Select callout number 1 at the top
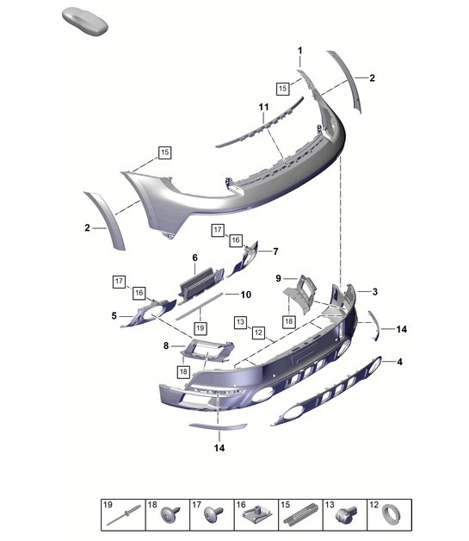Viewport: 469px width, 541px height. point(300,51)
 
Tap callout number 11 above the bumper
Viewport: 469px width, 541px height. point(265,106)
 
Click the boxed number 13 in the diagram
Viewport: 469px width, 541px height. point(239,321)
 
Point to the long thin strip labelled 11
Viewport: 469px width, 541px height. point(258,127)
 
